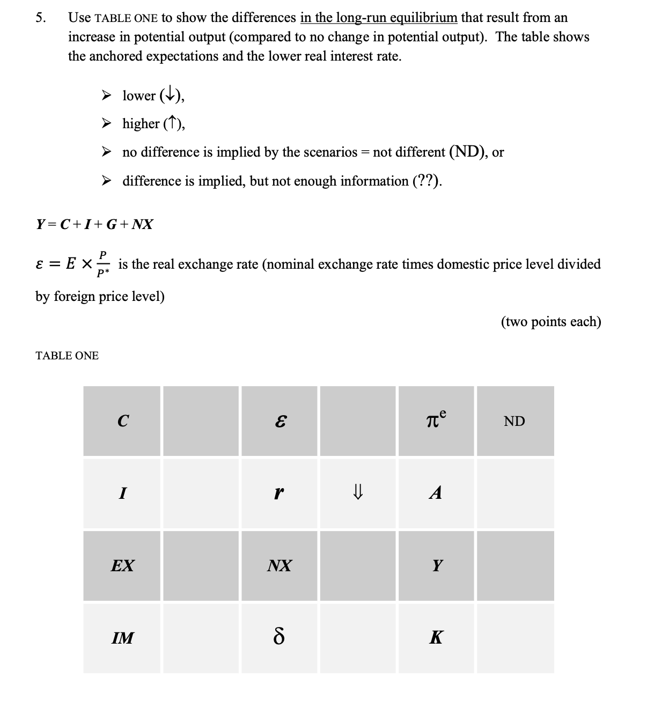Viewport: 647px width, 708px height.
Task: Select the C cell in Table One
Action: coord(122,422)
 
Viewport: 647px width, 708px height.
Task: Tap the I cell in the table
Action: coord(122,493)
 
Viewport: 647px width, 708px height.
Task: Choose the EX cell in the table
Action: coord(122,565)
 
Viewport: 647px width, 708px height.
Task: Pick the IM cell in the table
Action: coord(122,638)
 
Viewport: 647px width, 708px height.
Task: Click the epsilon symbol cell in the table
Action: coord(280,422)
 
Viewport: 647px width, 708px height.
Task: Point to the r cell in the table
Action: coord(279,493)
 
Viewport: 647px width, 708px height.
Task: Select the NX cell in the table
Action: coord(280,565)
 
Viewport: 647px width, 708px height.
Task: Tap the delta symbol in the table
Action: coord(279,638)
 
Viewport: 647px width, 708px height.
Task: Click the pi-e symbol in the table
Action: coord(436,420)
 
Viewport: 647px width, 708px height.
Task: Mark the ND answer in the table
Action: coord(514,422)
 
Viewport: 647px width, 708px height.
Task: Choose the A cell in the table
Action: coord(436,493)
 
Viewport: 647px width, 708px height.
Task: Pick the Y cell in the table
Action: coord(437,565)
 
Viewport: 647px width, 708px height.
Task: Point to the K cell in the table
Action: coord(436,638)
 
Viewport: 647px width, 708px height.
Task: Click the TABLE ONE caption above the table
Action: coord(67,356)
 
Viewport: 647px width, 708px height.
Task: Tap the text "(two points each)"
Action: coord(551,322)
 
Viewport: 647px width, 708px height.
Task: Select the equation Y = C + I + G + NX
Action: coord(94,224)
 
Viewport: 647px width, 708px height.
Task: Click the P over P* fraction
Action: coord(103,264)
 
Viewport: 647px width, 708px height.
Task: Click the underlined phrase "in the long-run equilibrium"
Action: coord(379,18)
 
